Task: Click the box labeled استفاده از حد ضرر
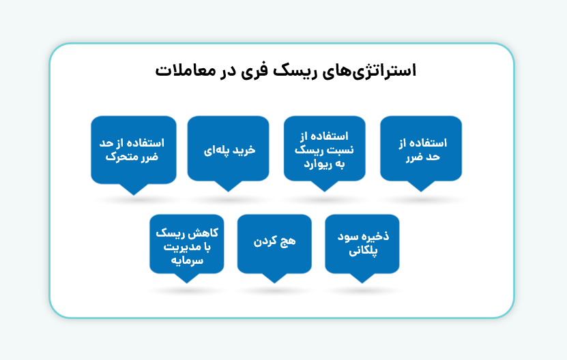[421, 149]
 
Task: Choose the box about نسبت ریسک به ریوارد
[325, 149]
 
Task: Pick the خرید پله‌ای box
[229, 149]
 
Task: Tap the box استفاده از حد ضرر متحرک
[134, 149]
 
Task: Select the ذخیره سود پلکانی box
[362, 244]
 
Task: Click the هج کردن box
[274, 244]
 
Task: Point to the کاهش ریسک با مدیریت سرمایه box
[187, 244]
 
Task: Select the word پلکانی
[363, 252]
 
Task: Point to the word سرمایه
[188, 260]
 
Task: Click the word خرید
[242, 149]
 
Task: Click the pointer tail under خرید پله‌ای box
[229, 185]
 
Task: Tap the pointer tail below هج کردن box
[274, 277]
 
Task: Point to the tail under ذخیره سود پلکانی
[362, 277]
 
